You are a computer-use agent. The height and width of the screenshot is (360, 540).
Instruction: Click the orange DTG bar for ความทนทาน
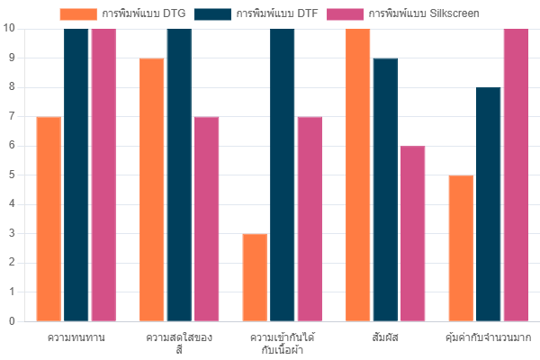tap(49, 219)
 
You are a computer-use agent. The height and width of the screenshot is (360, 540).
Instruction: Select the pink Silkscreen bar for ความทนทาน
tap(103, 175)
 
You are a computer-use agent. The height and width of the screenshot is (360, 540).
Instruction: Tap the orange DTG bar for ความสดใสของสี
tap(151, 189)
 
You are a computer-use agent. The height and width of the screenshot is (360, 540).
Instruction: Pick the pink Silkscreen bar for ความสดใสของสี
tap(206, 219)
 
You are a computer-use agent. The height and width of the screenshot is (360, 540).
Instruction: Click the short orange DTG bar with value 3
tap(255, 277)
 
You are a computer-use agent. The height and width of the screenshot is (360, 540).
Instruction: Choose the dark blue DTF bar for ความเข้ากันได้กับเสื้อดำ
tap(283, 175)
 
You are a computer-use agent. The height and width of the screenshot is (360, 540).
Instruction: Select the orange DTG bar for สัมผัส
tap(357, 175)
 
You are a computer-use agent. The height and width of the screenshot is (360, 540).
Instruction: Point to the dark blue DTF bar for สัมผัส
tap(385, 189)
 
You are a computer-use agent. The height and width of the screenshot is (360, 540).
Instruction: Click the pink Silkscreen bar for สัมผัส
tap(412, 233)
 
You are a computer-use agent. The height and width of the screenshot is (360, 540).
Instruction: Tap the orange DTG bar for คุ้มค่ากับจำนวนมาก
tap(461, 247)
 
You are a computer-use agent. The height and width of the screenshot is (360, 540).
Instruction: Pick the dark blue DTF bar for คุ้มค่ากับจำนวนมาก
tap(489, 204)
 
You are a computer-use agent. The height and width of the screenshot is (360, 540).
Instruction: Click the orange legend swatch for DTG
tap(78, 13)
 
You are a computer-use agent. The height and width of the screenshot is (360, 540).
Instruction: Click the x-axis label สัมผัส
tap(385, 337)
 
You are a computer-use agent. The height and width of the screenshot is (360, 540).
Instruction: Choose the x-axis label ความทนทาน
tap(76, 337)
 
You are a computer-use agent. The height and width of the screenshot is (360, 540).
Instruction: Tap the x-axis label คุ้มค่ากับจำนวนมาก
tap(489, 337)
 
